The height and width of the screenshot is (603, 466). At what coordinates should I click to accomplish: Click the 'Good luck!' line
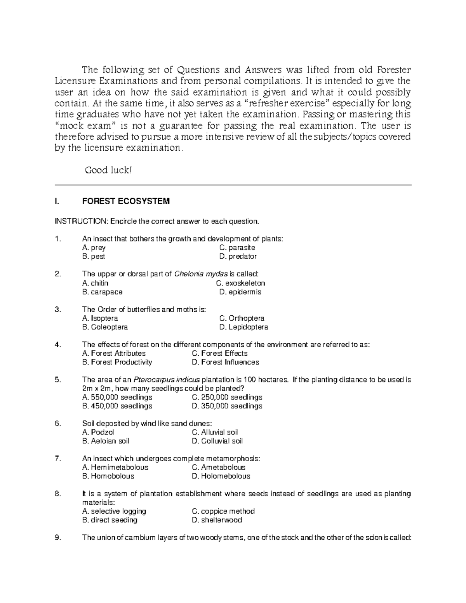tap(108, 170)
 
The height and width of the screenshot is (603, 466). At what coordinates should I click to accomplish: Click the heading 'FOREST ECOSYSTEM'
tap(126, 201)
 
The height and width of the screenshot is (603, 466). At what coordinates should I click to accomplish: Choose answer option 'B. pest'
tap(94, 256)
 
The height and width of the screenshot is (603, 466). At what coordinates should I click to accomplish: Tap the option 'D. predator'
tap(238, 256)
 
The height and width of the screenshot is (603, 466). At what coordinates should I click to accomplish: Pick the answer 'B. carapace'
tap(102, 292)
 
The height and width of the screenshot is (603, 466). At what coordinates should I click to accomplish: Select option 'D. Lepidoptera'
tap(243, 327)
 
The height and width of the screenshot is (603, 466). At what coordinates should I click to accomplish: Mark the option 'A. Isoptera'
tap(100, 318)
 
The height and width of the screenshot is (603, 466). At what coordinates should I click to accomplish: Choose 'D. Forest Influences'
tap(225, 362)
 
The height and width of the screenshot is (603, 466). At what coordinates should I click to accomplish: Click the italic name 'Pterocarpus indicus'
tap(167, 380)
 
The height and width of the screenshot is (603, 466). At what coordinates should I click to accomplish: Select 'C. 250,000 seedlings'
tap(227, 397)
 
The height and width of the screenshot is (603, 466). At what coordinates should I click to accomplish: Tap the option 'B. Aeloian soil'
tap(106, 441)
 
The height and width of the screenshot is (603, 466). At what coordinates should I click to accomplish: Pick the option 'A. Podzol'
tap(98, 432)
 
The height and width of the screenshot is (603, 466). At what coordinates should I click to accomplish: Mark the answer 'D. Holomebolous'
tap(221, 476)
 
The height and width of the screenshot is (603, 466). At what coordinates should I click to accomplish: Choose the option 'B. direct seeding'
tap(110, 520)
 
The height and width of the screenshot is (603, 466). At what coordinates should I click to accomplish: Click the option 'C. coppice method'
tap(223, 511)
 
